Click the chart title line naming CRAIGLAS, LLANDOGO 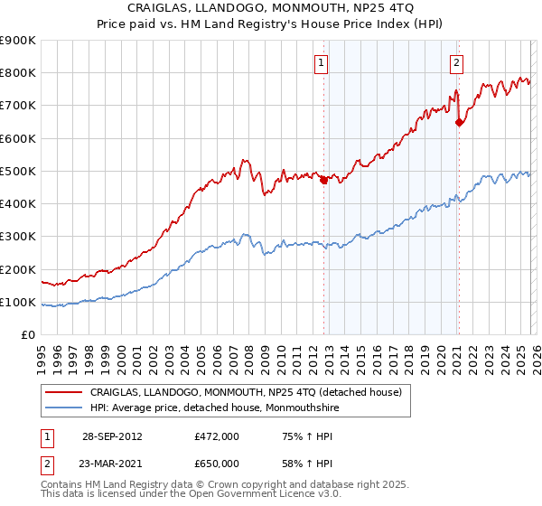271,8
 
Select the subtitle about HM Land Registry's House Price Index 271,24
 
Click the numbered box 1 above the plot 322,62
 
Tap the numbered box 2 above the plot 457,62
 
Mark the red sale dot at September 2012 323,180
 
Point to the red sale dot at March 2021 459,122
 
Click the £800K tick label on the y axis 18,73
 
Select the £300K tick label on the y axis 18,237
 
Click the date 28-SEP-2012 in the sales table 111,436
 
